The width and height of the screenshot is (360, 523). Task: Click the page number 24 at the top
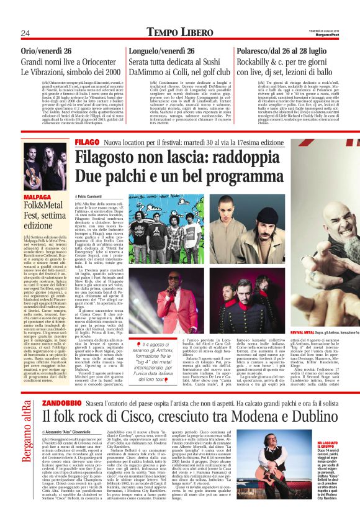[x=25, y=33]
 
